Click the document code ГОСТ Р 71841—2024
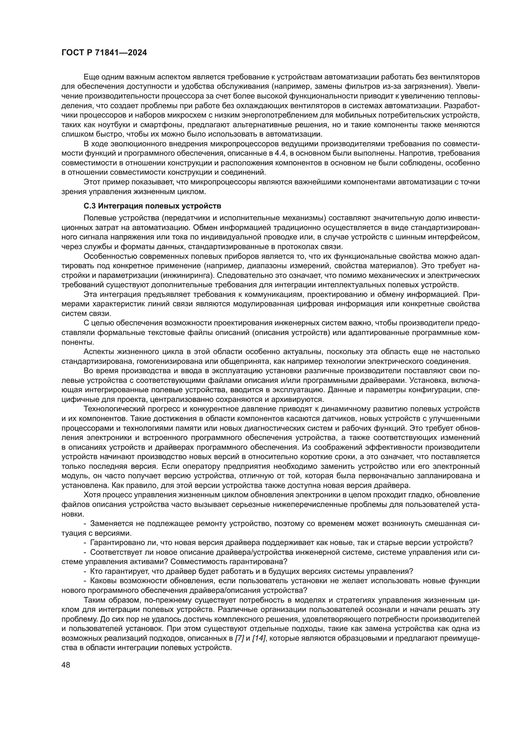click(104, 53)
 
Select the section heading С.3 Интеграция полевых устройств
click(152, 206)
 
